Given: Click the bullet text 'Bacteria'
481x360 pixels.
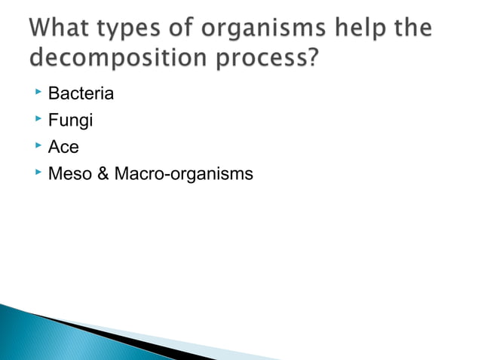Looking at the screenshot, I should [x=81, y=94].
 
